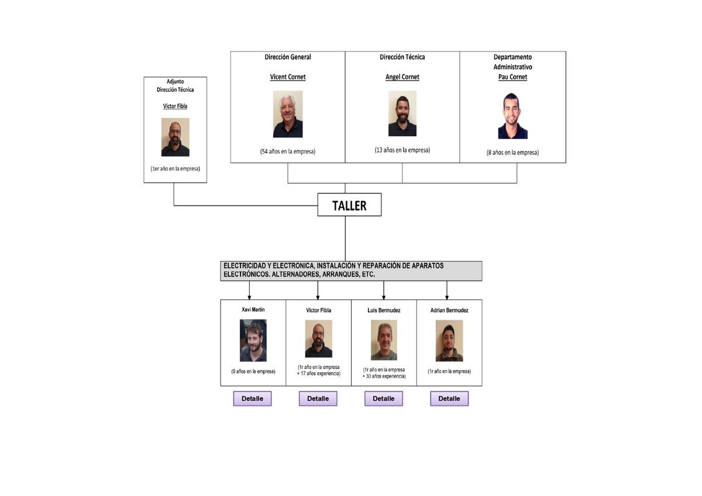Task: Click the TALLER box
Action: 349,205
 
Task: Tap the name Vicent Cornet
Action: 288,77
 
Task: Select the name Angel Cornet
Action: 402,77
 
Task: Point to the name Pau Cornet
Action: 512,77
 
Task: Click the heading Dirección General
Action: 288,57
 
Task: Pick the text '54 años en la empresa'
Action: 288,151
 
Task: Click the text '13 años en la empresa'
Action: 402,150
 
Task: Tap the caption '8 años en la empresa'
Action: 512,153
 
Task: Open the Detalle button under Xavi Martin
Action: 252,399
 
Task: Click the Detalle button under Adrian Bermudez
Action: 449,399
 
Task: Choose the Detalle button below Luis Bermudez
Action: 384,399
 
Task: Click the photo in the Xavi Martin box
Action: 253,340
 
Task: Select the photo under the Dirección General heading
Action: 288,114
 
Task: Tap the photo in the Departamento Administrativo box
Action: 512,116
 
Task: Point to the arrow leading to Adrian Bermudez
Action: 447,290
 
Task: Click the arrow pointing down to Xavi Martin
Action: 250,290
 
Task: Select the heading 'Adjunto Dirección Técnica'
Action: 175,85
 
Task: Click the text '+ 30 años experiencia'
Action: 384,376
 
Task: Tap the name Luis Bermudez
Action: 384,311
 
